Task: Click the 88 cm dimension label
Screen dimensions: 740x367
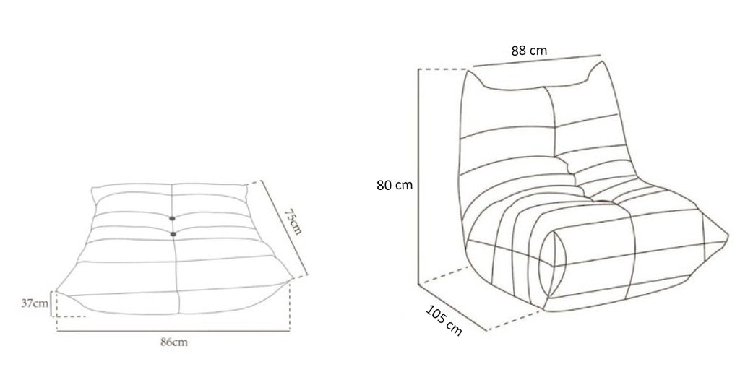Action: point(529,51)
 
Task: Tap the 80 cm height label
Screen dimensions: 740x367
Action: point(395,185)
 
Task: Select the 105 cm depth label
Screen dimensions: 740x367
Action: point(444,321)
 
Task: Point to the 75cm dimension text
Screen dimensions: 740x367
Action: point(293,221)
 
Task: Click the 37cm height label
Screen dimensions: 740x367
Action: point(35,303)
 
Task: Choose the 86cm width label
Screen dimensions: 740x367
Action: point(173,342)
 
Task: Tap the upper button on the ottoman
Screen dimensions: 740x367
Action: point(172,218)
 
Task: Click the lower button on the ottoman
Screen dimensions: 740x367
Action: point(173,234)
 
